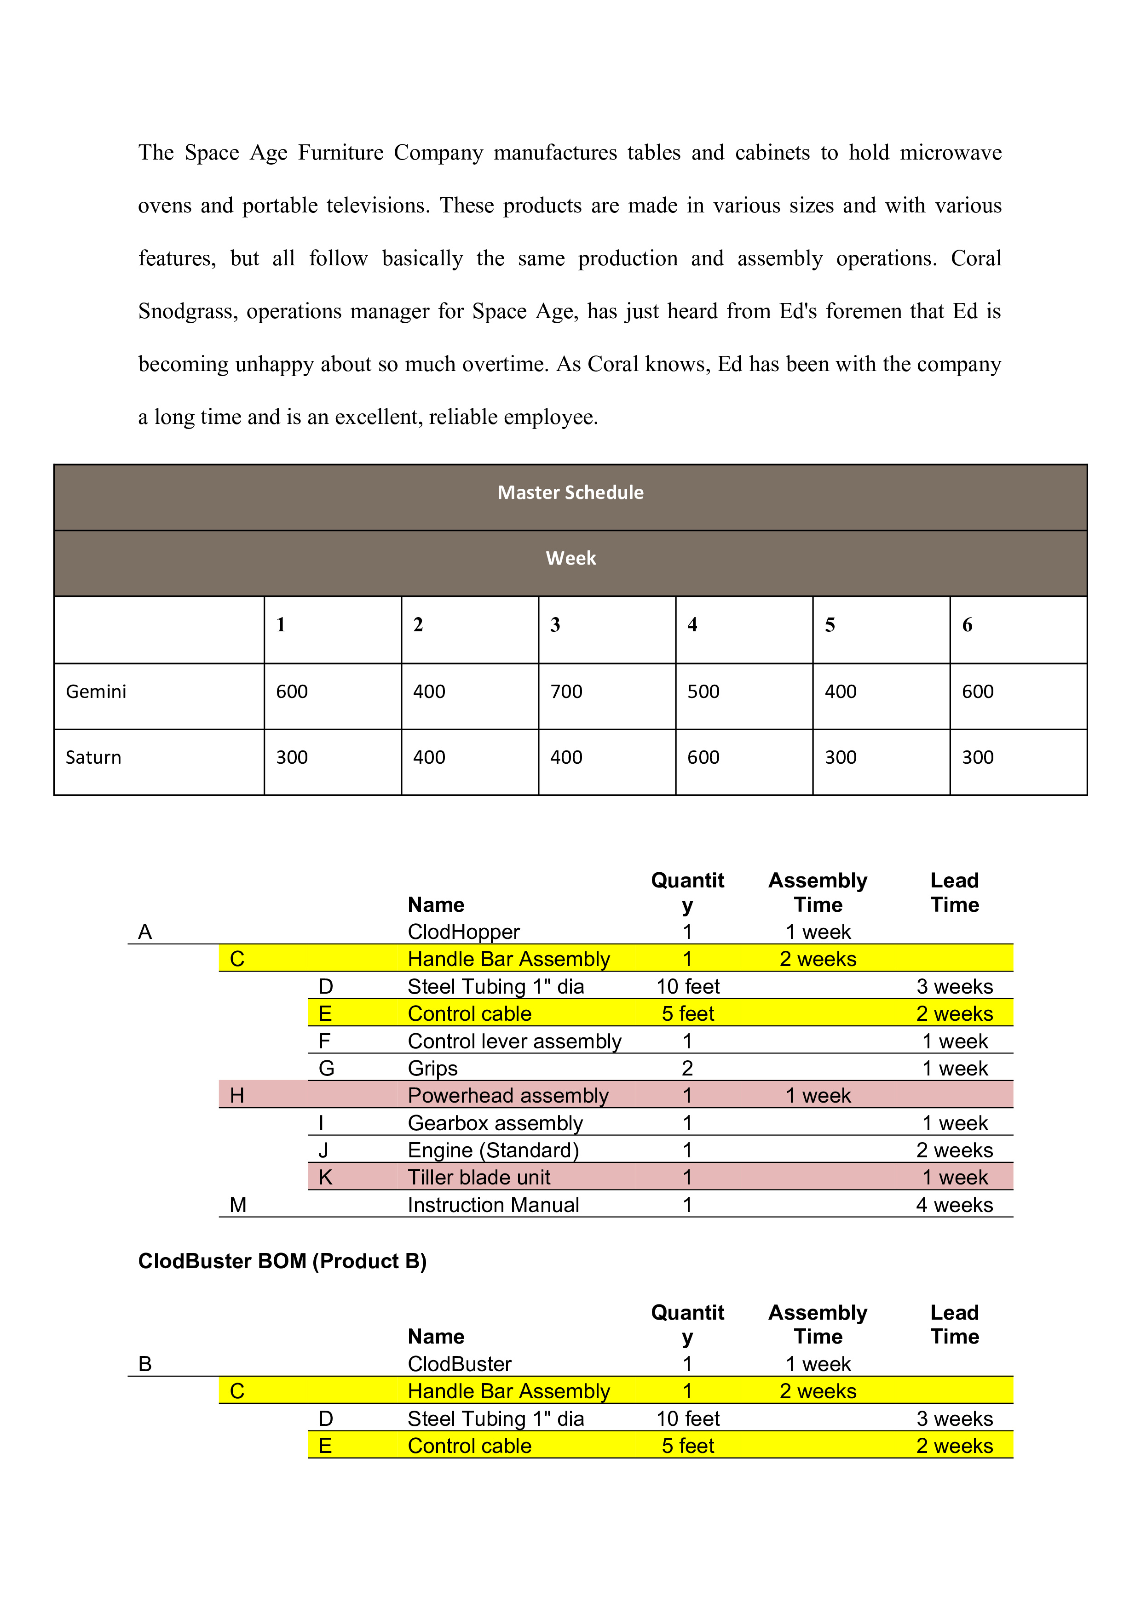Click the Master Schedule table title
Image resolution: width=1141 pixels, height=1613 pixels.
570,492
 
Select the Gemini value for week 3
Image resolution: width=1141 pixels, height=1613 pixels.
566,692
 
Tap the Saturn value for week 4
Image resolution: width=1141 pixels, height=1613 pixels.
703,757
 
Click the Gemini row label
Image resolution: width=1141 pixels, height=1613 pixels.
96,692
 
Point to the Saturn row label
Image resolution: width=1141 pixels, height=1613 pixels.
93,757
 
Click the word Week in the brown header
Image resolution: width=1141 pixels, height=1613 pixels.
570,559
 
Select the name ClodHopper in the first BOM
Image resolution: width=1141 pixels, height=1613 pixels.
463,932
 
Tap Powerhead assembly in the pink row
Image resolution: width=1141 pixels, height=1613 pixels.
507,1095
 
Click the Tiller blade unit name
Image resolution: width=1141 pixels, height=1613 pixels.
479,1178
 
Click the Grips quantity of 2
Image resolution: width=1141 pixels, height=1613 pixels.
687,1069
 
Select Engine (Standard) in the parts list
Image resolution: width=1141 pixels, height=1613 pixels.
493,1150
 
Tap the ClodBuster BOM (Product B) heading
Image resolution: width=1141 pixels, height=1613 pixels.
282,1261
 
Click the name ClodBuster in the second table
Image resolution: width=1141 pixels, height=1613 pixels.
459,1364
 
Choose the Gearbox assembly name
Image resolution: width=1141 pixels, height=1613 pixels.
495,1123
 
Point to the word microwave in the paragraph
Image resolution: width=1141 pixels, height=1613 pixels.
951,153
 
